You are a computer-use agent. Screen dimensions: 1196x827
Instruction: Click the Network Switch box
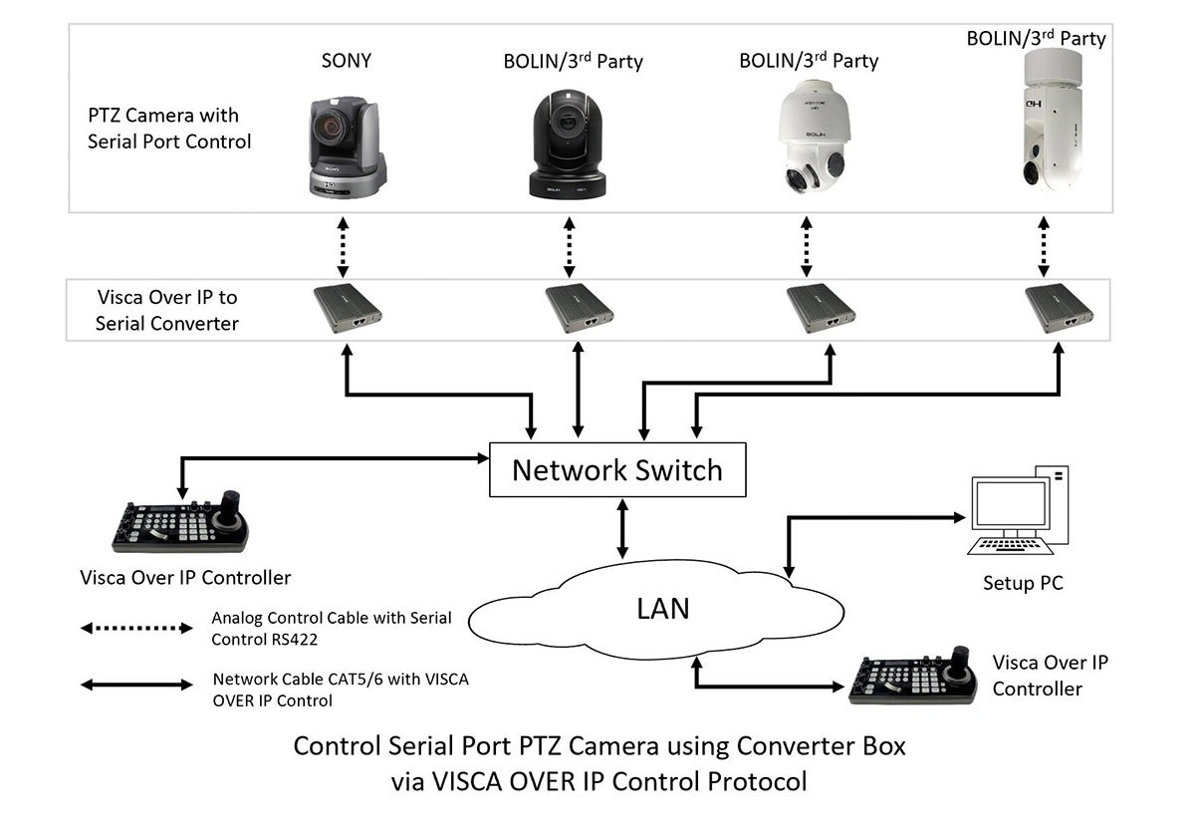click(617, 469)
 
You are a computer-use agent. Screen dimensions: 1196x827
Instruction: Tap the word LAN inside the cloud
click(662, 609)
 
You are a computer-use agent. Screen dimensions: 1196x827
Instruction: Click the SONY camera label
click(346, 61)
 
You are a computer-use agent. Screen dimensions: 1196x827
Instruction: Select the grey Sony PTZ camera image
click(348, 146)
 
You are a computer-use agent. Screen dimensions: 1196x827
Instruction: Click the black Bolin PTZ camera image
click(568, 144)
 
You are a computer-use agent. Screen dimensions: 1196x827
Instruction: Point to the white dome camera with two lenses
click(814, 137)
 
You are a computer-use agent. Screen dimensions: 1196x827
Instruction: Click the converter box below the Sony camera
click(348, 308)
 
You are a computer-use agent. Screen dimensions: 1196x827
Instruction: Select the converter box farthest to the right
click(1059, 308)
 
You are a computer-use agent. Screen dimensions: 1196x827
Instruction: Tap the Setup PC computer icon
click(1018, 510)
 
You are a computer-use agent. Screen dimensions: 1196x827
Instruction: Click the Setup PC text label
click(1023, 583)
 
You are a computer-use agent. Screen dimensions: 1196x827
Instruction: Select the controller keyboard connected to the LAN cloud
click(913, 676)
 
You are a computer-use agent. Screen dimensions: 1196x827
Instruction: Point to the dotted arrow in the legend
click(136, 628)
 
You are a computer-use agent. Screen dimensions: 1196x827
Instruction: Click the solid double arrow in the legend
click(136, 685)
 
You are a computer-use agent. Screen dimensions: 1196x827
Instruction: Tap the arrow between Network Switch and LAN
click(622, 528)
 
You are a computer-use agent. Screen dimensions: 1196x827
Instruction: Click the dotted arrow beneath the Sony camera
click(343, 247)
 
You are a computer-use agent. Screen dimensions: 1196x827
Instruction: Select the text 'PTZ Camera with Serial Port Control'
click(168, 129)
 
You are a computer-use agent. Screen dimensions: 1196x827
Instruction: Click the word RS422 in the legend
click(292, 640)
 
